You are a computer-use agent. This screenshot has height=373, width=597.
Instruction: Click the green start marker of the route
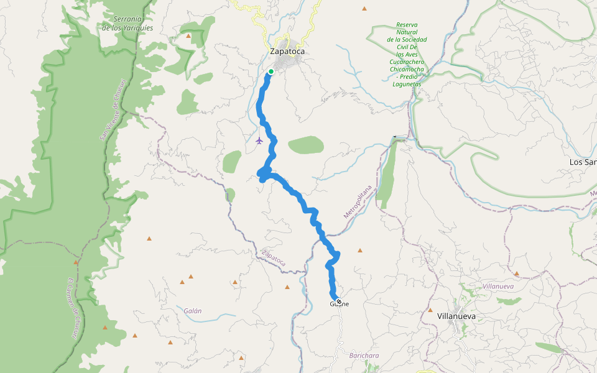[x=271, y=71]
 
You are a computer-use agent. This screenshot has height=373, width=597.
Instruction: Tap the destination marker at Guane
[x=338, y=302]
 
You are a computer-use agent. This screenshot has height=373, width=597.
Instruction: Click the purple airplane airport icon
[x=259, y=140]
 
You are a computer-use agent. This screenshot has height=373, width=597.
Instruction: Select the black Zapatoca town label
[x=287, y=51]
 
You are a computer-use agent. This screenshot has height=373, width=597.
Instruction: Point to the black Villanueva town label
[x=456, y=316]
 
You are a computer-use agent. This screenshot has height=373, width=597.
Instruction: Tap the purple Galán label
[x=193, y=311]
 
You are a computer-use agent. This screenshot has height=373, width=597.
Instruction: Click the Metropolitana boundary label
[x=358, y=201]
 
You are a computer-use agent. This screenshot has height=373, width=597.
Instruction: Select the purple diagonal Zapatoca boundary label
[x=274, y=258]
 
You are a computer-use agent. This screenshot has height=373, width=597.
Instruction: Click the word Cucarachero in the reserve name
[x=407, y=62]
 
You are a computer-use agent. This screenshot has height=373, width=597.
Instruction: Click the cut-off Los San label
[x=583, y=162]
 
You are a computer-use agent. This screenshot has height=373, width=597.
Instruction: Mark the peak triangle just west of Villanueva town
[x=430, y=310]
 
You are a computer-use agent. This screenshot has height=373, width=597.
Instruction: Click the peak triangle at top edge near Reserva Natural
[x=364, y=9]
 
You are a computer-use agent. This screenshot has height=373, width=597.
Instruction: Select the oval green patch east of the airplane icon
[x=306, y=145]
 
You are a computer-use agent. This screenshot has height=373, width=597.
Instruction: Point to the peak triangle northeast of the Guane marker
[x=359, y=251]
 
